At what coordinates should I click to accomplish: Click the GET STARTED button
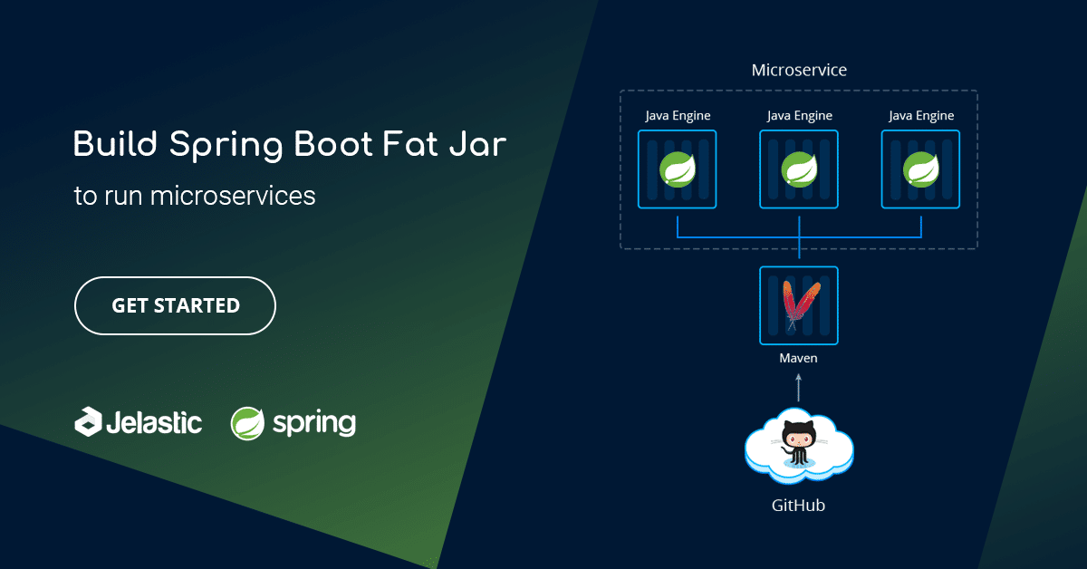(175, 306)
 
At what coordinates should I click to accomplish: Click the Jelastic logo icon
(88, 422)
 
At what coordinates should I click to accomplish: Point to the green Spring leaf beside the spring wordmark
(247, 423)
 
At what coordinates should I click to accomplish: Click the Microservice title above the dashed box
(799, 70)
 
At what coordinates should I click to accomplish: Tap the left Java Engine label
(678, 116)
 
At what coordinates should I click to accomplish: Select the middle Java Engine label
(799, 116)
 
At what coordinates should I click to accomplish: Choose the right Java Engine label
(921, 116)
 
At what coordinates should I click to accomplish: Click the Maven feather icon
(800, 304)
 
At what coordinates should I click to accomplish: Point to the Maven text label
(799, 358)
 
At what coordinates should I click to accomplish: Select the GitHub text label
(798, 506)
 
